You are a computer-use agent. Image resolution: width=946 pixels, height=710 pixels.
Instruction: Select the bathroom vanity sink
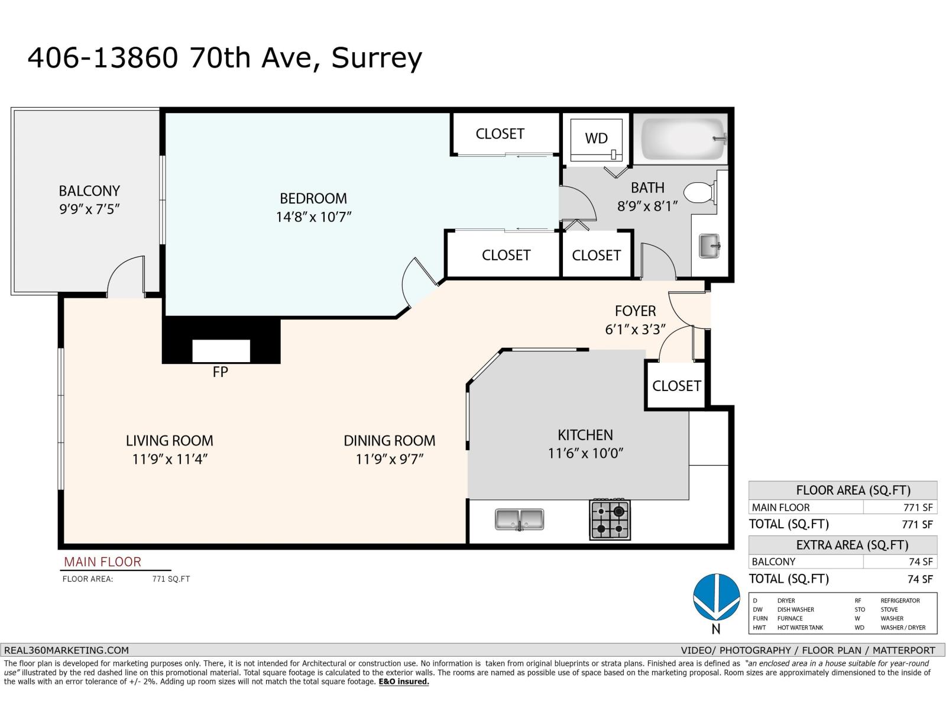[x=710, y=246]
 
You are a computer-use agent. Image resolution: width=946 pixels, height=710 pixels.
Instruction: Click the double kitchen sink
[x=519, y=519]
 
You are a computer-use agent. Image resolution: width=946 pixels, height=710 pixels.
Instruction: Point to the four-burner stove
[x=610, y=519]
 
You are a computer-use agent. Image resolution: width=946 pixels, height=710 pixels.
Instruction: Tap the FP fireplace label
[x=220, y=372]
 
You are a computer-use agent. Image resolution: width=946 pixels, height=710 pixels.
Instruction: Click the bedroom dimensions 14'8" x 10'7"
[x=313, y=217]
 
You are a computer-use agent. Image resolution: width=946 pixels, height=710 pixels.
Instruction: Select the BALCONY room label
[x=89, y=191]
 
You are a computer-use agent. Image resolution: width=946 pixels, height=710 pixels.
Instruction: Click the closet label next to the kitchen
[x=676, y=386]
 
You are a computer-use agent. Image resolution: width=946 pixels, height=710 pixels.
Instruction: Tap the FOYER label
[x=635, y=311]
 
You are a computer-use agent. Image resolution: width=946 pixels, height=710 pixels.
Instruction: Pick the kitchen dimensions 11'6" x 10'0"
[x=585, y=453]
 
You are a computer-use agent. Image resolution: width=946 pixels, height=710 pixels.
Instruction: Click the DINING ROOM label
[x=389, y=441]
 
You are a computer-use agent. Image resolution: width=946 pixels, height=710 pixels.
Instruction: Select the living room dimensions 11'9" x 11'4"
[x=170, y=459]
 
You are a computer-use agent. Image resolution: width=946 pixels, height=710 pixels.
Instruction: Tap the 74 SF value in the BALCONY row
[x=920, y=561]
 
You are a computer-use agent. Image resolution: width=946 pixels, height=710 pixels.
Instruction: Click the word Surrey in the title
[x=377, y=58]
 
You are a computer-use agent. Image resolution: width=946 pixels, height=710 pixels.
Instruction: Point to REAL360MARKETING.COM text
[x=66, y=650]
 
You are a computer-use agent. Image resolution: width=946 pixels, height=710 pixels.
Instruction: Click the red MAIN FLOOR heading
[x=102, y=561]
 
